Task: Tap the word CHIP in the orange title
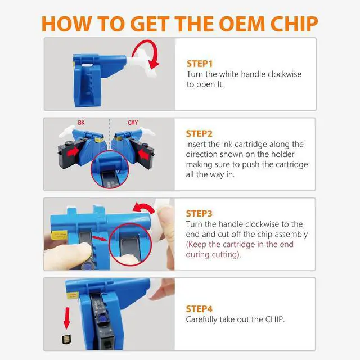pyautogui.click(x=294, y=24)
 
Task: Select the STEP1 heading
pyautogui.click(x=200, y=64)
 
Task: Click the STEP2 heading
pyautogui.click(x=199, y=134)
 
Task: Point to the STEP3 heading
pyautogui.click(x=199, y=214)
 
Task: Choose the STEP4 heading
pyautogui.click(x=199, y=309)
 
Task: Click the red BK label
pyautogui.click(x=81, y=123)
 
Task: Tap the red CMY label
pyautogui.click(x=133, y=123)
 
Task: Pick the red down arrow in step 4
pyautogui.click(x=67, y=318)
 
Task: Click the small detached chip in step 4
pyautogui.click(x=66, y=339)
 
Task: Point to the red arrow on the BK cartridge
pyautogui.click(x=73, y=151)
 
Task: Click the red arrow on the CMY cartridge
pyautogui.click(x=144, y=155)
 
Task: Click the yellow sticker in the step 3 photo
pyautogui.click(x=59, y=235)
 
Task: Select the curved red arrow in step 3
pyautogui.click(x=144, y=206)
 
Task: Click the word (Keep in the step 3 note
pyautogui.click(x=196, y=244)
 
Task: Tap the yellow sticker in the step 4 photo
pyautogui.click(x=73, y=295)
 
